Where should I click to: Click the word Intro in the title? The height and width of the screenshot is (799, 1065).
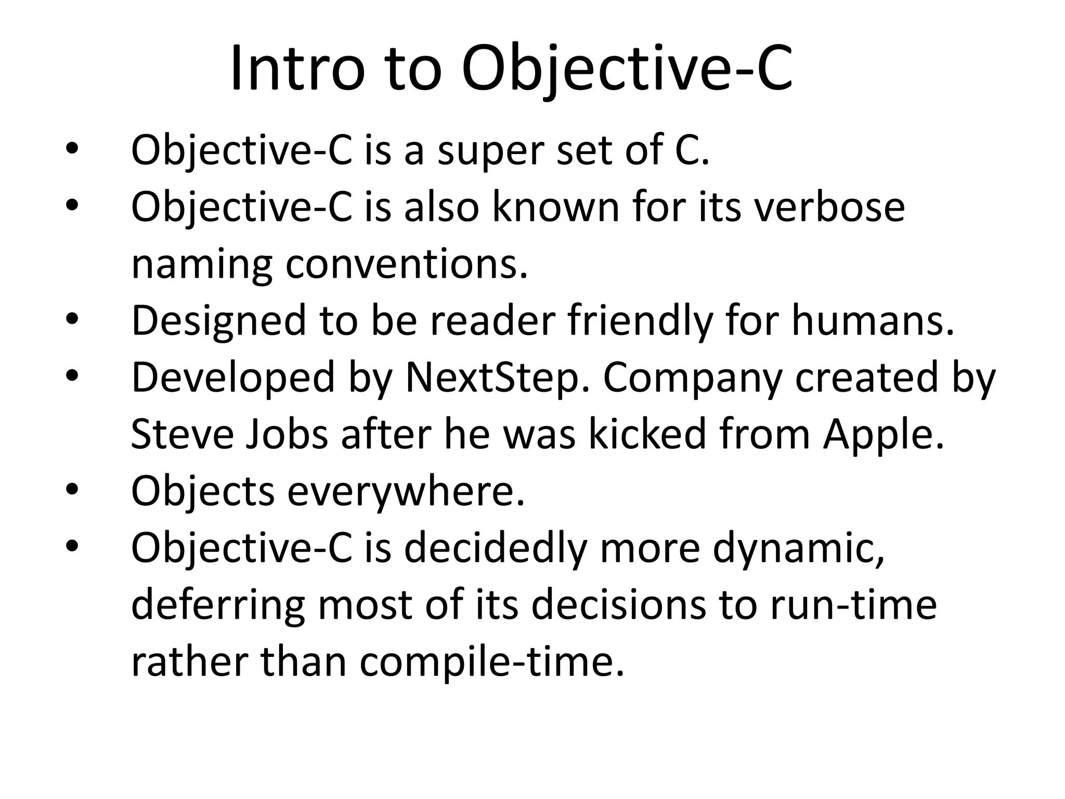297,69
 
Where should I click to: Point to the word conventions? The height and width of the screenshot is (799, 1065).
406,264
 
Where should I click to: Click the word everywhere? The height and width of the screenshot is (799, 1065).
406,491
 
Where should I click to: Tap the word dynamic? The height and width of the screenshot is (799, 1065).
798,549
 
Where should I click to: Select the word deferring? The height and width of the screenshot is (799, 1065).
218,606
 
